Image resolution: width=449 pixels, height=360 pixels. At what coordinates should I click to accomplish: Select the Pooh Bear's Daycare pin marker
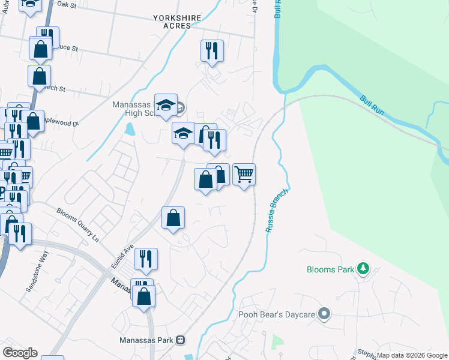[325, 314]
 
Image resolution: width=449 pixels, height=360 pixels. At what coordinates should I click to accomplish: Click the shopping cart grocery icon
[244, 175]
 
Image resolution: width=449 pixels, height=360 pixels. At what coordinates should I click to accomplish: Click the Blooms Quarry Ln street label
[77, 221]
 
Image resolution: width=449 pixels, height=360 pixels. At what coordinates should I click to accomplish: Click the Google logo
[20, 352]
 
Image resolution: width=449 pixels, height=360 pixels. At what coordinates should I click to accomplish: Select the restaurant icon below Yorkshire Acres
[212, 50]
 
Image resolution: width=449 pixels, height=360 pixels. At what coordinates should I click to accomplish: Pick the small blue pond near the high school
[130, 128]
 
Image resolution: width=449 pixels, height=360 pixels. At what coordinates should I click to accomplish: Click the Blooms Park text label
[330, 269]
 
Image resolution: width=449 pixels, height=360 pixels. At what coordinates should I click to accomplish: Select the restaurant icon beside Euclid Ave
[146, 259]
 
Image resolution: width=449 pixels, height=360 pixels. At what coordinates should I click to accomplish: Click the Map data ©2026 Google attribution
[412, 355]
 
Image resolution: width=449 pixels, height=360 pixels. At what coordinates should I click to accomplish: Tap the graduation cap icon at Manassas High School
[166, 105]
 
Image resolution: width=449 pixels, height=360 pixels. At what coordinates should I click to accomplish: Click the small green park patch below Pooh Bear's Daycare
[277, 342]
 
